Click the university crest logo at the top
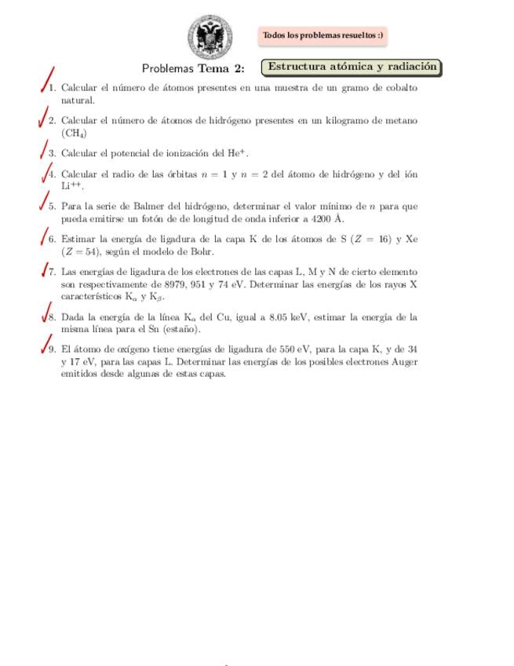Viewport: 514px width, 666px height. [x=210, y=36]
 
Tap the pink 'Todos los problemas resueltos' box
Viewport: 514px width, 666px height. [x=323, y=35]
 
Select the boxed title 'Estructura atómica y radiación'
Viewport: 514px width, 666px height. [x=352, y=68]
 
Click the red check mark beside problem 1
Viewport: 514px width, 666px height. [x=48, y=80]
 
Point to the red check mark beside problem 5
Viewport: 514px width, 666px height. [x=46, y=201]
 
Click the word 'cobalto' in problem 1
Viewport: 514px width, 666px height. [x=401, y=88]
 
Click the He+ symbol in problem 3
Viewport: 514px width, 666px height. [x=238, y=154]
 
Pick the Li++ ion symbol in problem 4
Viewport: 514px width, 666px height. [x=71, y=186]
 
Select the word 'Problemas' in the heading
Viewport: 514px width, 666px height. [x=168, y=68]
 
